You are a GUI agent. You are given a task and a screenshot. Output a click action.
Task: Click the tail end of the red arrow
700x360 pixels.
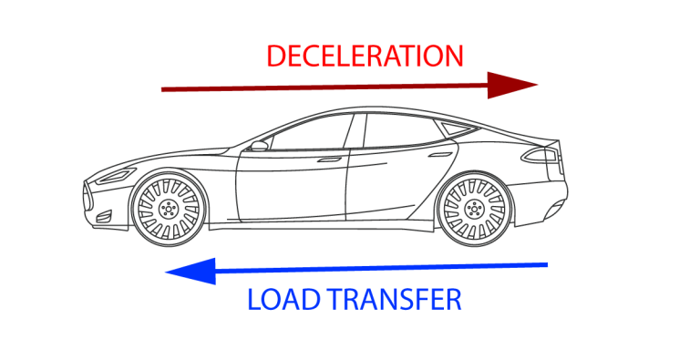click(164, 89)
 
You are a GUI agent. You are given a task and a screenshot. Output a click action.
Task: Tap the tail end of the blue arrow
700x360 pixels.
click(545, 265)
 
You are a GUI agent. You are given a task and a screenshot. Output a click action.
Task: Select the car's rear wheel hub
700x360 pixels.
click(472, 209)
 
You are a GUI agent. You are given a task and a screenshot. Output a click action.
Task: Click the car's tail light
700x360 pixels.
click(547, 156)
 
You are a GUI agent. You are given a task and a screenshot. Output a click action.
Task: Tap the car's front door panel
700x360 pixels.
click(292, 187)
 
